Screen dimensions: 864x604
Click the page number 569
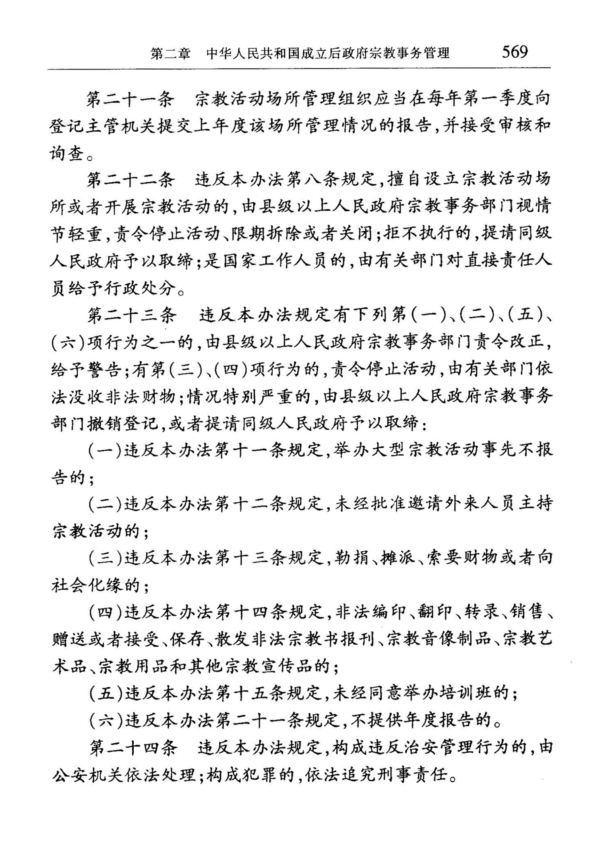pyautogui.click(x=514, y=52)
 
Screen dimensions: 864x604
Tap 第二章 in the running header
pyautogui.click(x=170, y=54)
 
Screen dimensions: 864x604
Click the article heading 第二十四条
pyautogui.click(x=133, y=748)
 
